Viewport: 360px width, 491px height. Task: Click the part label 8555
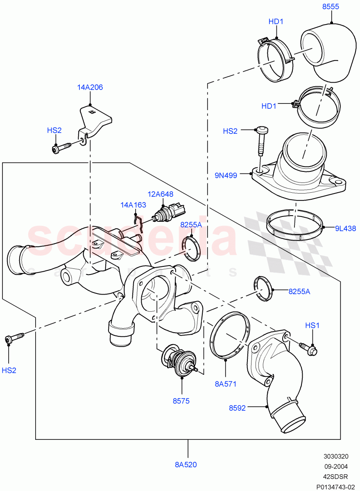[x=331, y=7]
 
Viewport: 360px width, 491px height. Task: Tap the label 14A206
[x=90, y=87]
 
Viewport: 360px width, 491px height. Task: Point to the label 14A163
[x=133, y=205]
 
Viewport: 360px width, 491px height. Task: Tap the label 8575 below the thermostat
[x=181, y=401]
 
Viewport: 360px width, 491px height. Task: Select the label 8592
[x=238, y=408]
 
